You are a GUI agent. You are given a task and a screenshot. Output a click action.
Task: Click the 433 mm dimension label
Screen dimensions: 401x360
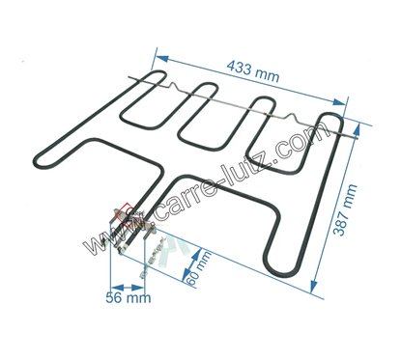click(x=253, y=71)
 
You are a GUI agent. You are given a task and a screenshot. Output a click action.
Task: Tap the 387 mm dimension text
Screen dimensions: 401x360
click(x=345, y=210)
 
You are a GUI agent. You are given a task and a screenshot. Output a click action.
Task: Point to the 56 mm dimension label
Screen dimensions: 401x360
click(x=129, y=298)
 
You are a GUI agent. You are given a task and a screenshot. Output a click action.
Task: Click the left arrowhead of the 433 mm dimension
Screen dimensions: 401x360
click(x=162, y=60)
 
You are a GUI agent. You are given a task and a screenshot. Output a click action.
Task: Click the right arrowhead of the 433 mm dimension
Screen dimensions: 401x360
click(x=338, y=102)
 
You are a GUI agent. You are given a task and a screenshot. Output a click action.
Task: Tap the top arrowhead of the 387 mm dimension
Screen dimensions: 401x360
click(x=357, y=130)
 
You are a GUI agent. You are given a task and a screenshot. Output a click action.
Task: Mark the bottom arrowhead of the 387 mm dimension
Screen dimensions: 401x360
click(x=313, y=286)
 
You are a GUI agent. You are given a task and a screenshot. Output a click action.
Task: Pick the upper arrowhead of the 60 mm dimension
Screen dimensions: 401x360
click(x=195, y=254)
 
